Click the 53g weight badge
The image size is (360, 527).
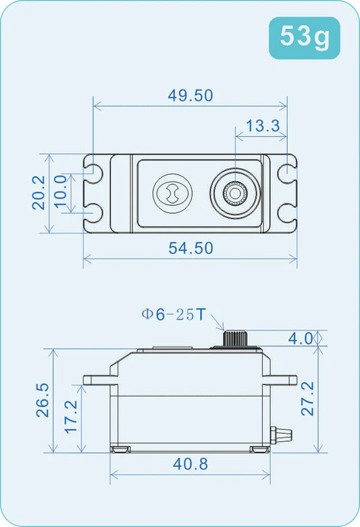[x=305, y=38]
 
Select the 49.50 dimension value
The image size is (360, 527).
[x=190, y=95]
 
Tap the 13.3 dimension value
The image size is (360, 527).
[x=262, y=126]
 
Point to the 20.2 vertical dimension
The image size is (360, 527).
[x=38, y=193]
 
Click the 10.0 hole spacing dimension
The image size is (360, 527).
[x=60, y=193]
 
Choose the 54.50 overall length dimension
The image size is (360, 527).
[x=190, y=248]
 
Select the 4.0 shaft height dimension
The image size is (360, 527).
[x=301, y=338]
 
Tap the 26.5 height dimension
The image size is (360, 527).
[x=42, y=400]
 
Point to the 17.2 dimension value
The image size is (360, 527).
[x=70, y=418]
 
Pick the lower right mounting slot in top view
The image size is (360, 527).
[x=286, y=214]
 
